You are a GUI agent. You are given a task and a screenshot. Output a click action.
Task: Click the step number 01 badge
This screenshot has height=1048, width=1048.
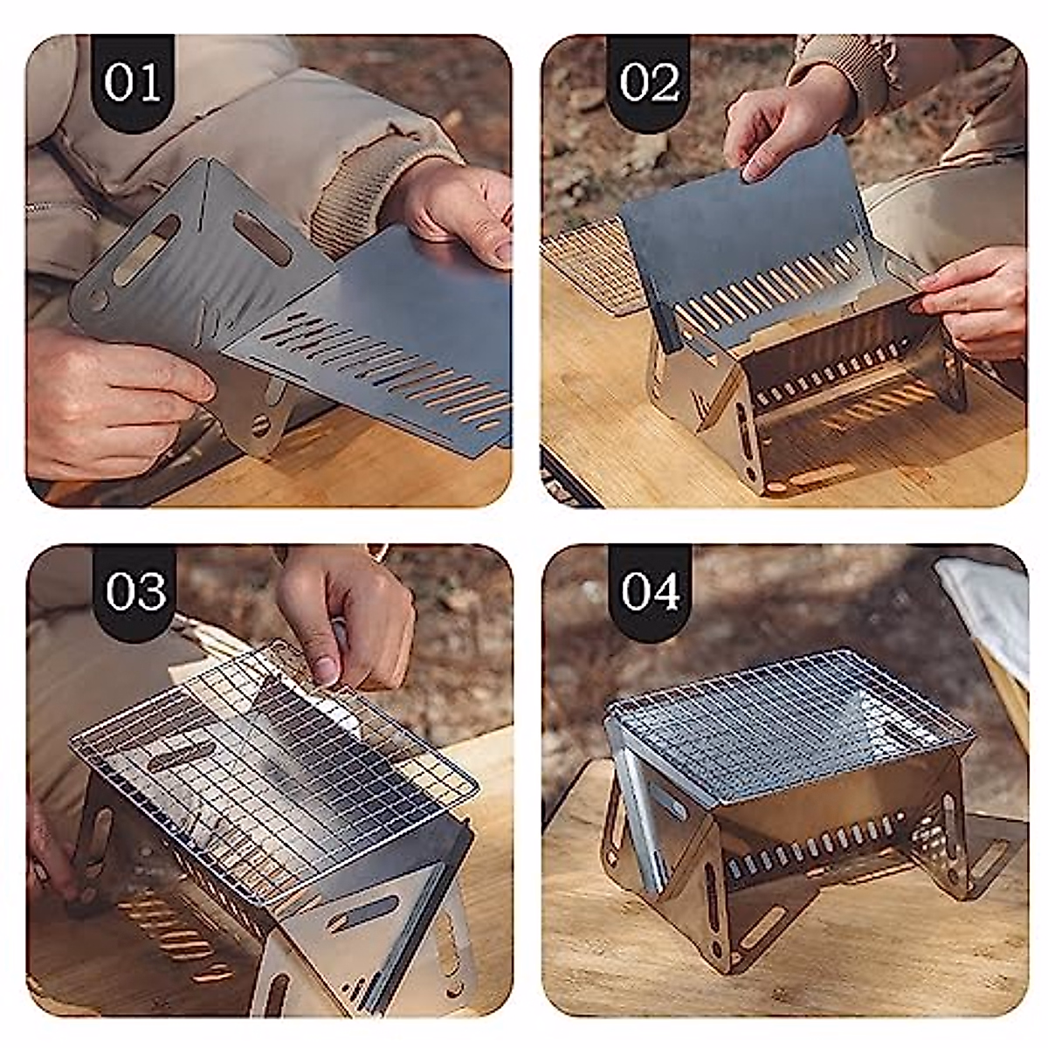tap(133, 83)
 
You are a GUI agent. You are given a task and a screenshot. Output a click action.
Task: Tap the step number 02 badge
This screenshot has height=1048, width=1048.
tap(648, 83)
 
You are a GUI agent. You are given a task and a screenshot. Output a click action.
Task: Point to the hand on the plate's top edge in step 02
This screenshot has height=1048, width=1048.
tap(777, 131)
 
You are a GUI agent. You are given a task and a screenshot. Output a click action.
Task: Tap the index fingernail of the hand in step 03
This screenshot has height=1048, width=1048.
tap(325, 670)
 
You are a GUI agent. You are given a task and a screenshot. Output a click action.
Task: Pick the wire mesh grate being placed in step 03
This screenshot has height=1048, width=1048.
tap(262, 760)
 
